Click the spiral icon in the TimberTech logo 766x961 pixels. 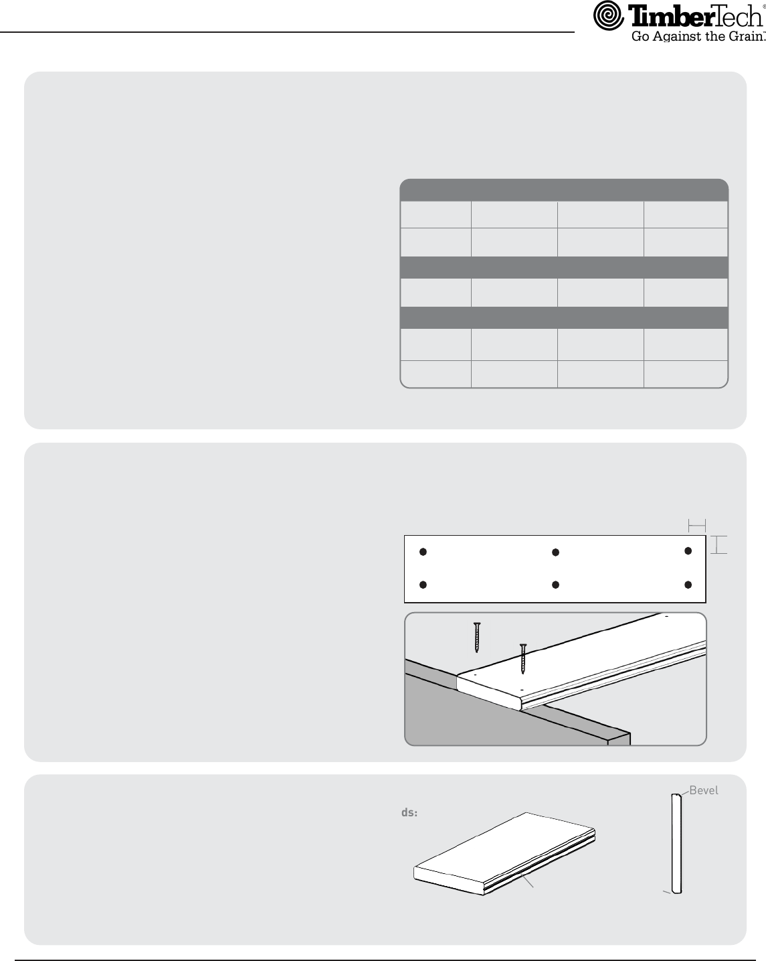608,15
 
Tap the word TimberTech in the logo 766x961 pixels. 696,17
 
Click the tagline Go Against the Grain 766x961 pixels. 698,36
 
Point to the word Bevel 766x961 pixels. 704,790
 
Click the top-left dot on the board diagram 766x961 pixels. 423,552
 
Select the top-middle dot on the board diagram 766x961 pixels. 555,552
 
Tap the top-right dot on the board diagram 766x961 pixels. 688,551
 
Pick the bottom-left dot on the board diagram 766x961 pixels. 423,585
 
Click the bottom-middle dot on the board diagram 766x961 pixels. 555,585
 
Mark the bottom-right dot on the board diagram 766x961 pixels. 688,585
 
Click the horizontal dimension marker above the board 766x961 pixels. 697,526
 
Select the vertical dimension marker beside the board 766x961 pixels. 719,545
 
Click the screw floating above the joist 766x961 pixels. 477,638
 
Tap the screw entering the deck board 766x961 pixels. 523,659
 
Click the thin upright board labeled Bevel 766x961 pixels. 676,843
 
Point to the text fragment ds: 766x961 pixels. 409,813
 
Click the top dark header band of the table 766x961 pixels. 564,190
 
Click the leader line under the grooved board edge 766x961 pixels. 529,881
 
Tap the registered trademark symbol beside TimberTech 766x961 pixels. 764,7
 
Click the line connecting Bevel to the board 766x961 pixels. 685,793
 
